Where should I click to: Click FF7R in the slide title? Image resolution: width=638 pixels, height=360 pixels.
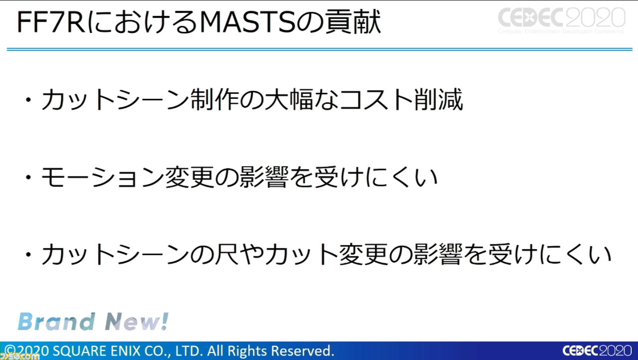pos(51,23)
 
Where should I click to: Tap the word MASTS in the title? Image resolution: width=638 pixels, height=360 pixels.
pos(247,23)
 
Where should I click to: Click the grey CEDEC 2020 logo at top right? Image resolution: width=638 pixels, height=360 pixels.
pos(561,20)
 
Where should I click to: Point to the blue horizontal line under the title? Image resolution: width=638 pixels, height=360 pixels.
pos(319,49)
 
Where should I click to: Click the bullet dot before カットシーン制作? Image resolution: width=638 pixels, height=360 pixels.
pos(28,100)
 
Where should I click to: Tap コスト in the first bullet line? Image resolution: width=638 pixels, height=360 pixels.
pos(376,100)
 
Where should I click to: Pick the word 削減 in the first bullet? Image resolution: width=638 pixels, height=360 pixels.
pos(439,99)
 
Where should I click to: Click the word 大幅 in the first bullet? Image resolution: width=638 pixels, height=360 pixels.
pos(290,99)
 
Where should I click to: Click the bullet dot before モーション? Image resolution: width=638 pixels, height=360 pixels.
pos(28,178)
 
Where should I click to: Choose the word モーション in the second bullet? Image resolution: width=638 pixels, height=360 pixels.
pos(103,177)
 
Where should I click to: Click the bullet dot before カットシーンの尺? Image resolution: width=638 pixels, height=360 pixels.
pos(28,255)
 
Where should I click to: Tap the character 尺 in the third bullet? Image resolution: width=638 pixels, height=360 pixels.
pos(227,254)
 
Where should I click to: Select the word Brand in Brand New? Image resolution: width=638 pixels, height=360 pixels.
pos(56,322)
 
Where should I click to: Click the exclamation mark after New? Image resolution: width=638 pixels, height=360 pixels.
pos(165,321)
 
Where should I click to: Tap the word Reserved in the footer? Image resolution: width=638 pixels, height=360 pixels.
pos(302,351)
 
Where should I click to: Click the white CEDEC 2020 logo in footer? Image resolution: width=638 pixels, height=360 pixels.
pos(597,351)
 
